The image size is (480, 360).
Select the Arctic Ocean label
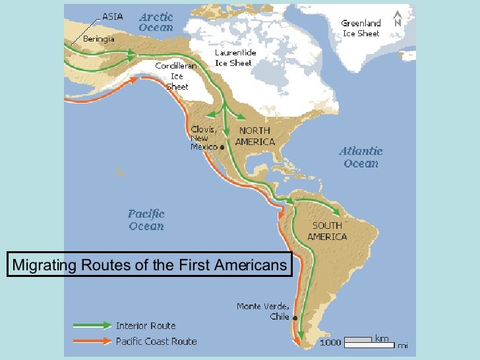click(x=156, y=22)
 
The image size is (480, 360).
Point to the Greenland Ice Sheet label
click(x=361, y=28)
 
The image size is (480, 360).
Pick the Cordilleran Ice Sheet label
click(x=173, y=76)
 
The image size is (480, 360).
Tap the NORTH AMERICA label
click(x=256, y=136)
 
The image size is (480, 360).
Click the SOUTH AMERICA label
click(x=328, y=231)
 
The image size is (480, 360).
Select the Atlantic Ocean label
click(x=361, y=157)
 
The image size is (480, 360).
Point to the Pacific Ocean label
click(x=146, y=220)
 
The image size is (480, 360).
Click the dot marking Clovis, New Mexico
click(x=222, y=148)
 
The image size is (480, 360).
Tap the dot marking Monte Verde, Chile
click(x=295, y=318)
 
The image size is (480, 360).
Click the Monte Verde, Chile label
click(x=263, y=311)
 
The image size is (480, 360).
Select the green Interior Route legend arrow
click(x=92, y=325)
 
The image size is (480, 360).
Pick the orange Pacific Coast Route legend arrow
click(x=92, y=341)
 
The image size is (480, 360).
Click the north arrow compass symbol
click(x=397, y=18)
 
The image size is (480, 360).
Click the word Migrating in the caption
click(x=44, y=265)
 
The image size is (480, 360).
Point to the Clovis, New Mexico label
click(x=204, y=138)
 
